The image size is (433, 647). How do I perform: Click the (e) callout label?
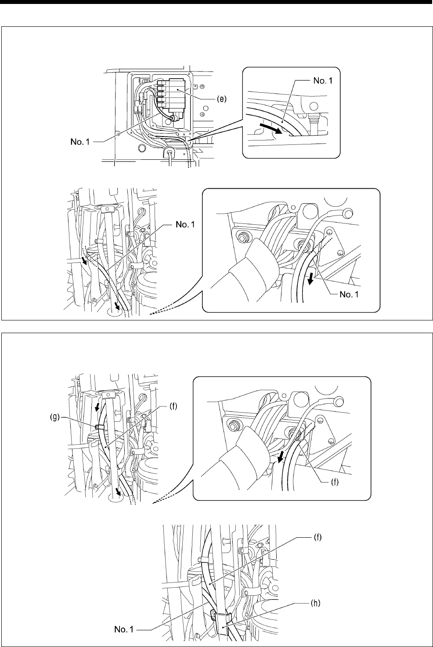coord(222,99)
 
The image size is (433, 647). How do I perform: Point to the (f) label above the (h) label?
coord(314,538)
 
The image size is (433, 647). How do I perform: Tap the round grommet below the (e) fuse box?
coord(170,153)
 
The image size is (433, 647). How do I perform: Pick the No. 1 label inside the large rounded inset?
coord(349,294)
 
